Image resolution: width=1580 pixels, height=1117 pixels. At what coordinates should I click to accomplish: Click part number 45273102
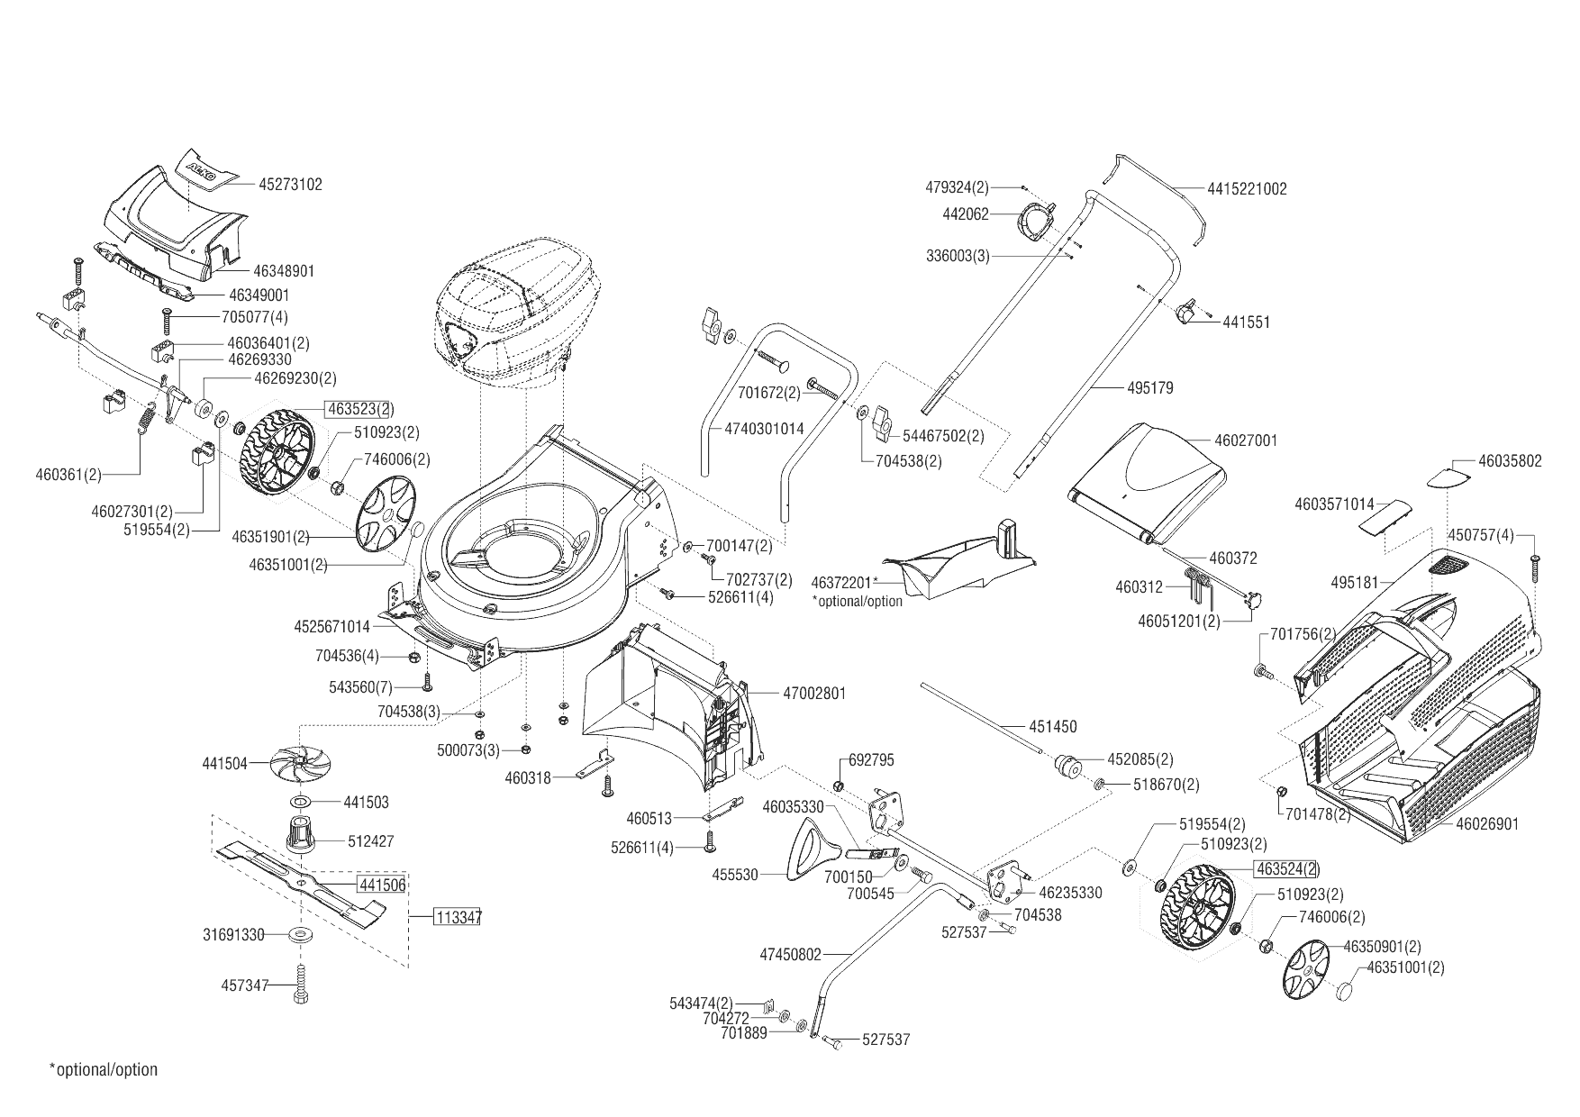tap(290, 185)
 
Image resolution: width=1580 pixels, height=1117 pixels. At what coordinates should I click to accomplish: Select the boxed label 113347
tap(458, 918)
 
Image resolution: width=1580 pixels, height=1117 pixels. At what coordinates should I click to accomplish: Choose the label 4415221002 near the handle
tap(1248, 189)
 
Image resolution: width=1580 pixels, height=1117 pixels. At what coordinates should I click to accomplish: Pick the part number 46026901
tap(1487, 824)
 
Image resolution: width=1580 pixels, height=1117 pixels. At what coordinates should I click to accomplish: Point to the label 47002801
tap(814, 694)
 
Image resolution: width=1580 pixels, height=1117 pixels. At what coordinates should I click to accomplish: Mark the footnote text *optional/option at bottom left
tap(103, 1070)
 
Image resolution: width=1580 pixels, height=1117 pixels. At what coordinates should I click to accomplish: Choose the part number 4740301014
tap(764, 430)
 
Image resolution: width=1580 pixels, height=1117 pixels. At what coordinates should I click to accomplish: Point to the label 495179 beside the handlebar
tap(1150, 388)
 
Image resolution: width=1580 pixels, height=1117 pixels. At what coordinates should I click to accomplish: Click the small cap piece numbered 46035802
tap(1452, 476)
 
